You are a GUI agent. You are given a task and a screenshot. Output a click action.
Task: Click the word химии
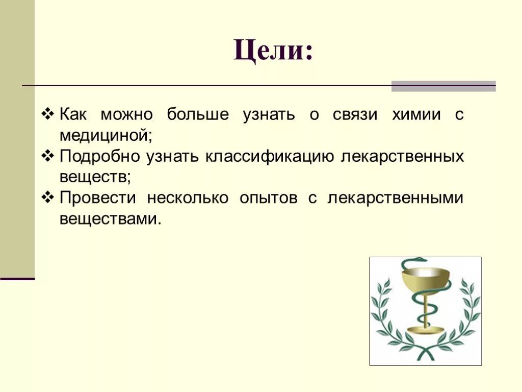(415, 114)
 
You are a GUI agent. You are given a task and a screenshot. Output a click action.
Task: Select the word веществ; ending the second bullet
(95, 178)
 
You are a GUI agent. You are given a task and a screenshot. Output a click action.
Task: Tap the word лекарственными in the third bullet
(396, 198)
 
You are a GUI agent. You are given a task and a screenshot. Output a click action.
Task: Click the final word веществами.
(110, 219)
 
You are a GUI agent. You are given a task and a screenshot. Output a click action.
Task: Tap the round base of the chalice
(425, 329)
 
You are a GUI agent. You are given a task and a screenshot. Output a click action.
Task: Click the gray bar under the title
(443, 86)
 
